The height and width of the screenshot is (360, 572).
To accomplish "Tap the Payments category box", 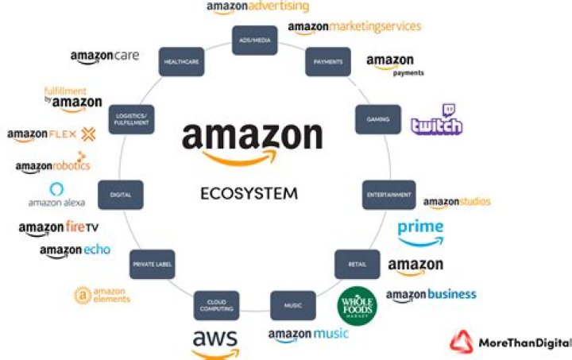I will (x=327, y=62).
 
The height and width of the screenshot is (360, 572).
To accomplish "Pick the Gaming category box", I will (x=377, y=119).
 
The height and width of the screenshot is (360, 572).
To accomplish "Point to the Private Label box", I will (x=153, y=265).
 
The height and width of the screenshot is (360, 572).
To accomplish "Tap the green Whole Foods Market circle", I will (x=357, y=305).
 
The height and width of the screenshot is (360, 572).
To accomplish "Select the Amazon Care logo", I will (x=105, y=56).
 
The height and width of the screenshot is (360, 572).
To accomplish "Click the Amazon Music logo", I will (x=307, y=334).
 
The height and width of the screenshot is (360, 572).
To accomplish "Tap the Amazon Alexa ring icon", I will (x=56, y=188).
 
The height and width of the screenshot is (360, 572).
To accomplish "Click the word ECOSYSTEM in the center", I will (x=249, y=192).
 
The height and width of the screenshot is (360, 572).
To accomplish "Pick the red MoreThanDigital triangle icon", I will (x=461, y=341).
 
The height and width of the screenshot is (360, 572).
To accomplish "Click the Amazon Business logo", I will (x=431, y=296).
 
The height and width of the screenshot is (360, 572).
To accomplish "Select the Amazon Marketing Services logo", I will (x=354, y=28).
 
